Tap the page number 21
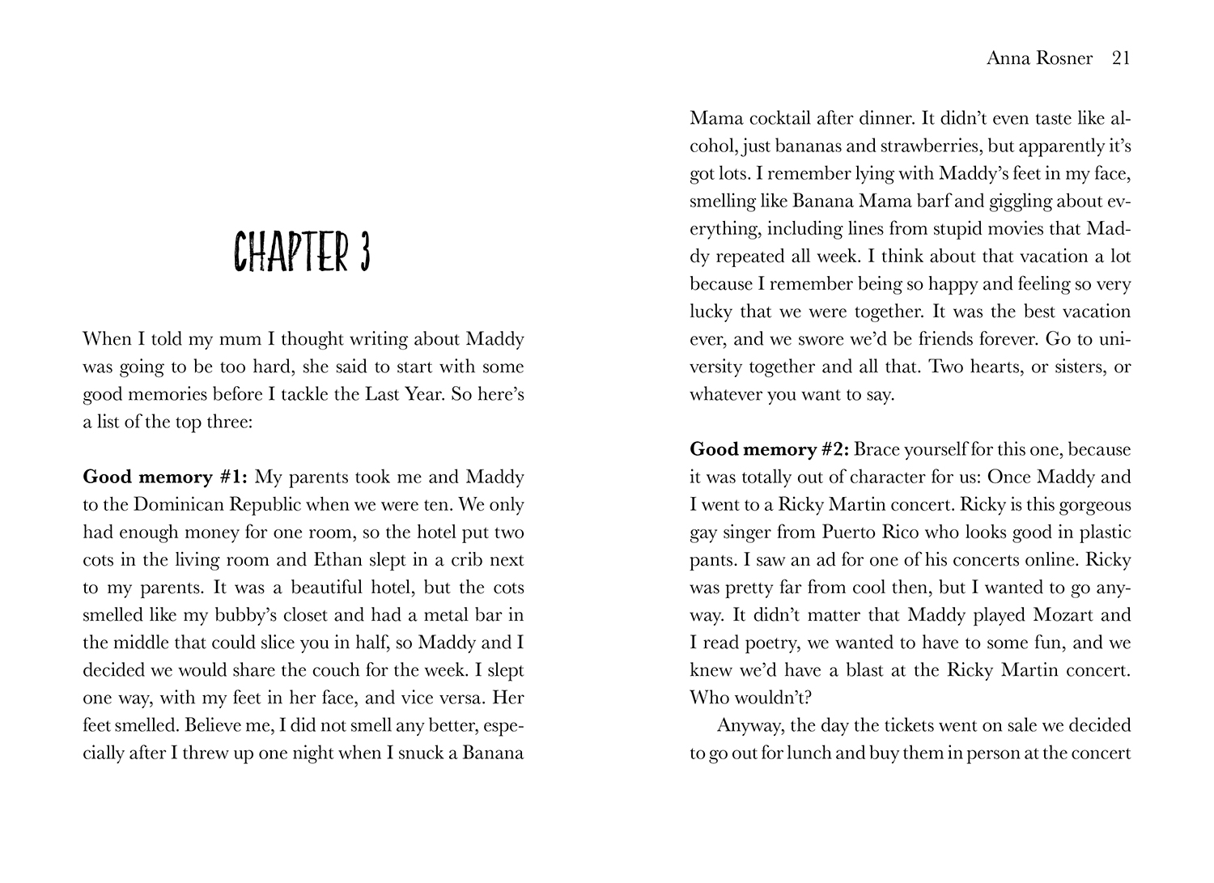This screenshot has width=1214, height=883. pos(1121,58)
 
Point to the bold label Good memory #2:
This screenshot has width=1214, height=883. pos(768,449)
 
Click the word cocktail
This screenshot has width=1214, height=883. pos(779,118)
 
